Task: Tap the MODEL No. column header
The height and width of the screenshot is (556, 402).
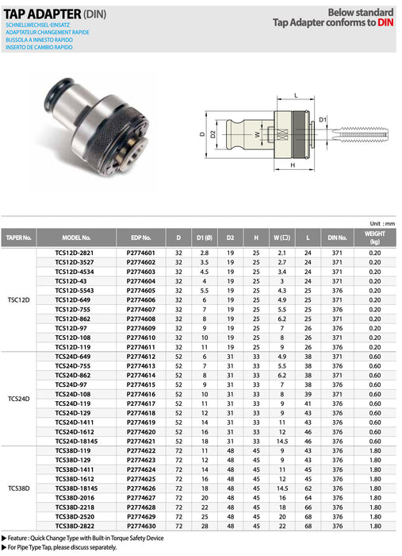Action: point(76,237)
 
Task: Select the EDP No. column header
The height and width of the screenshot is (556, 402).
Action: point(140,237)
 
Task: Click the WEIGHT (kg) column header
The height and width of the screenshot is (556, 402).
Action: point(374,237)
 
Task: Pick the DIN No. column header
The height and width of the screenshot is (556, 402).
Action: point(338,237)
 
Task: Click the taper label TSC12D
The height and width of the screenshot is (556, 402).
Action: point(19,301)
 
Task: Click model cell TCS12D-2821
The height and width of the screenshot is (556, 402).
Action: point(76,253)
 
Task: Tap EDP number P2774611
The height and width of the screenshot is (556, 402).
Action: point(140,347)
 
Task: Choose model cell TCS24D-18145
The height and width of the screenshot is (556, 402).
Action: point(76,440)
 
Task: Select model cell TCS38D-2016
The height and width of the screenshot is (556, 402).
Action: point(76,498)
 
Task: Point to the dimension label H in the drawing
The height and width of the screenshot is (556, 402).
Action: point(293,165)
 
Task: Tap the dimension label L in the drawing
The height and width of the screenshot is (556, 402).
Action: point(295,95)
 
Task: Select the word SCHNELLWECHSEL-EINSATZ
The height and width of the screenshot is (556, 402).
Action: point(36,25)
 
